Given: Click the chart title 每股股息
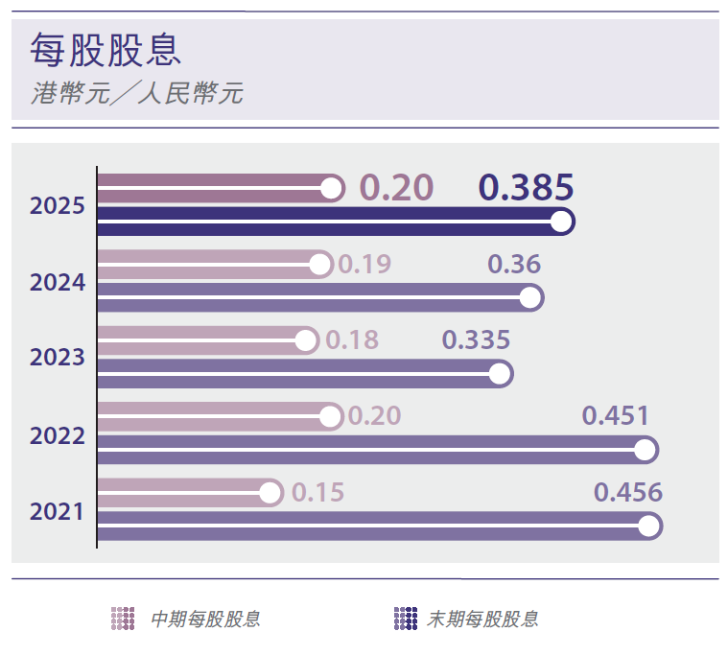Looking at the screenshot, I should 106,50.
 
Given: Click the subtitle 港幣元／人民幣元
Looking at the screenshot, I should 137,94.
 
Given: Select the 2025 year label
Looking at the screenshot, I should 58,206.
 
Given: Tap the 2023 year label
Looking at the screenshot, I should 58,358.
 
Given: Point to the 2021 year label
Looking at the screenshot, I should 58,511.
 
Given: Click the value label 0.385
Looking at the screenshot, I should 526,187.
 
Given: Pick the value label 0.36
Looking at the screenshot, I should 514,264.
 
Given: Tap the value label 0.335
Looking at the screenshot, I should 475,339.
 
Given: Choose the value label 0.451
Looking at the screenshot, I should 616,416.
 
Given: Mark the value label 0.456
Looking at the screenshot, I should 628,493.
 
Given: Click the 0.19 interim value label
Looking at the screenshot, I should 365,264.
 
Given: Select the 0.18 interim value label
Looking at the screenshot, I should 352,339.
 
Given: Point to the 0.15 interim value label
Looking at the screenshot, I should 317,493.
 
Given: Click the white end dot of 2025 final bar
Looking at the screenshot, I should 562,222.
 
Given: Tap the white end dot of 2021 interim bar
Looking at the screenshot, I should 270,494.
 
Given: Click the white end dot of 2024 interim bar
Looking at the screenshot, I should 320,264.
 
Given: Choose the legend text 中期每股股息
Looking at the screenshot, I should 205,619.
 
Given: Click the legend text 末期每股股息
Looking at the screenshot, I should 482,619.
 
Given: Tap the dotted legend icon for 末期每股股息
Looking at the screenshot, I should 406,619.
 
